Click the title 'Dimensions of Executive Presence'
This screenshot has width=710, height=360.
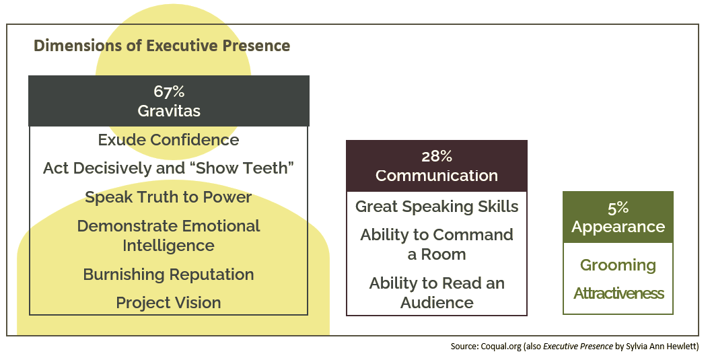click(162, 46)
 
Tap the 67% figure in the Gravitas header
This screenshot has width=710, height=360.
click(169, 92)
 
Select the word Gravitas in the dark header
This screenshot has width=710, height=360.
click(169, 111)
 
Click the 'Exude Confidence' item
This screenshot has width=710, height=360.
click(168, 139)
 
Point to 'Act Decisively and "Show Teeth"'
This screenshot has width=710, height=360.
click(168, 168)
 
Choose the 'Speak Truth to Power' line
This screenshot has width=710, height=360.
click(168, 197)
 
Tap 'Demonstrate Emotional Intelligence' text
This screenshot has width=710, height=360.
click(168, 236)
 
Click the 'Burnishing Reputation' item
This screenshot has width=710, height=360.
click(168, 275)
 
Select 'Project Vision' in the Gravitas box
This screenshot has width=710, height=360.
click(168, 303)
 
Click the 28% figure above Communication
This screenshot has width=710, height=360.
click(437, 156)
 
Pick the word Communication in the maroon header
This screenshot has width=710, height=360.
click(437, 175)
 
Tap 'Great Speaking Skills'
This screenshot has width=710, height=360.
click(437, 207)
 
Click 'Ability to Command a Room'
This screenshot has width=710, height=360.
click(437, 244)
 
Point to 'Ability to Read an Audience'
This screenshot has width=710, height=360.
click(437, 293)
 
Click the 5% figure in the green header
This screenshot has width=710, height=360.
click(618, 207)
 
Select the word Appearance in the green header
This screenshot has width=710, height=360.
click(618, 227)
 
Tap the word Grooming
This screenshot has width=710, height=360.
click(618, 265)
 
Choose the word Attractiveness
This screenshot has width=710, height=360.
click(618, 293)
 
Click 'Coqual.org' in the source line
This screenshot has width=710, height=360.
click(500, 347)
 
